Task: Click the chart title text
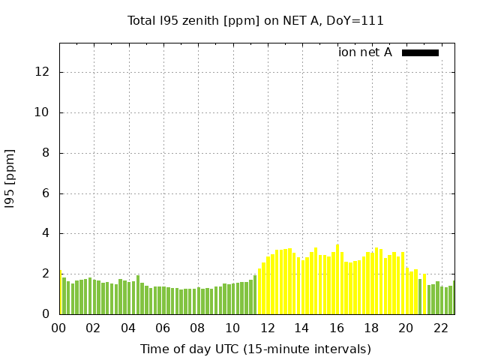[256, 21]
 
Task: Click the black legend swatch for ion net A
[420, 52]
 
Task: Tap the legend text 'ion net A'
[365, 52]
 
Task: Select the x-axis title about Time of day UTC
[256, 349]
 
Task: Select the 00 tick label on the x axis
[59, 328]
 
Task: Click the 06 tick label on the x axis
[163, 328]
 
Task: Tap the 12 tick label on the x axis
[267, 328]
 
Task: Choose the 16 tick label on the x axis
[336, 328]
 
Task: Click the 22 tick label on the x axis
[440, 328]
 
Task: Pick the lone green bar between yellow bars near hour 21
[420, 296]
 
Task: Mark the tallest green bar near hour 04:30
[138, 295]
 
